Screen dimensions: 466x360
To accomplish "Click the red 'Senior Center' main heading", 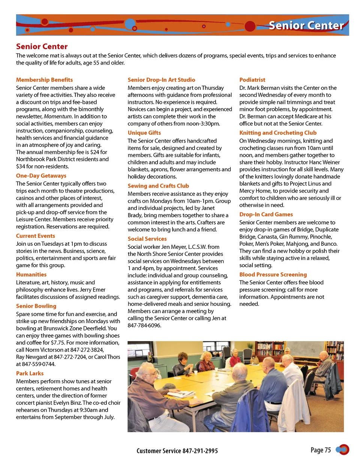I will tap(42, 47).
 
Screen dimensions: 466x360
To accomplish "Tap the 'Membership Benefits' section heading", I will tap(44, 80).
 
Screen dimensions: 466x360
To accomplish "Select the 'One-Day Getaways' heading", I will tap(41, 176).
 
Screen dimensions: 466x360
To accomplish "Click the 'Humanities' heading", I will tap(31, 275).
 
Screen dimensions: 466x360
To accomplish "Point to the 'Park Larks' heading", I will tap(30, 373).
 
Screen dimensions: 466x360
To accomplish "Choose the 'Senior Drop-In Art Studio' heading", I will tap(161, 80).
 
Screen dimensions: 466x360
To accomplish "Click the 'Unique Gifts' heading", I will tap(144, 133).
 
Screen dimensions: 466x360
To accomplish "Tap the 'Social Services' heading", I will tap(147, 239).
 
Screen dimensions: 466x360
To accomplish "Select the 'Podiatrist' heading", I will tap(252, 80).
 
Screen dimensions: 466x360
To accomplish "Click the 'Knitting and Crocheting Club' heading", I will tap(278, 133).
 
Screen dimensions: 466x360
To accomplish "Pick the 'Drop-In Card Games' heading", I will tap(266, 215).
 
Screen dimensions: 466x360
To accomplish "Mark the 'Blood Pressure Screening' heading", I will tap(273, 275).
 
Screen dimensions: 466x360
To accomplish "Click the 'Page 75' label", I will tap(321, 450).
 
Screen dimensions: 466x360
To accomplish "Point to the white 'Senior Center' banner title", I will tap(306, 26).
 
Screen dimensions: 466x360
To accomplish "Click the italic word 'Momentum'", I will tap(58, 116).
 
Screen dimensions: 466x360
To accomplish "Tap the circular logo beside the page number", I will tap(343, 449).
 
